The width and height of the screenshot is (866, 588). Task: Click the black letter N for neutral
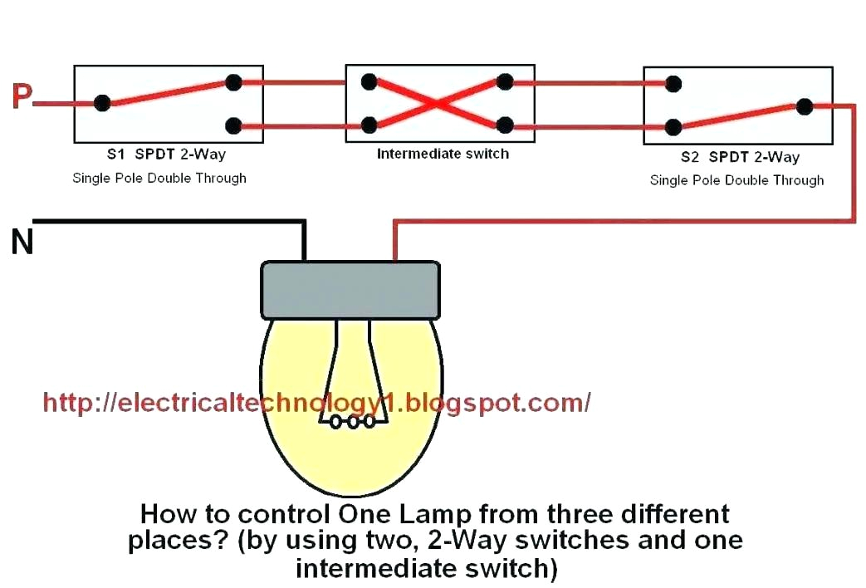22,242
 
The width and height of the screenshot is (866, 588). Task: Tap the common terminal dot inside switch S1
102,103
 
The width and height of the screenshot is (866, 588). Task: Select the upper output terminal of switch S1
234,82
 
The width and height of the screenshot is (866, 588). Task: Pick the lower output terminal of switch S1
234,126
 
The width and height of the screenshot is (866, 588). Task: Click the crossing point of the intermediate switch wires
437,104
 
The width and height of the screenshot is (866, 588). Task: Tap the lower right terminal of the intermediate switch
504,125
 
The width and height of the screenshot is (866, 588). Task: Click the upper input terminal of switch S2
674,83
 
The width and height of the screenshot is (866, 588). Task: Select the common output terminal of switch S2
804,105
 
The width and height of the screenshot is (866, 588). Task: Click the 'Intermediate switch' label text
443,154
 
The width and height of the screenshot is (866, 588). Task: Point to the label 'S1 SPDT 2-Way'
165,154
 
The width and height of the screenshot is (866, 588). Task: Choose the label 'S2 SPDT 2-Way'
740,157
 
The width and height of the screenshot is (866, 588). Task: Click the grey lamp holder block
350,290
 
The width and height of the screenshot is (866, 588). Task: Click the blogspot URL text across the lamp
316,403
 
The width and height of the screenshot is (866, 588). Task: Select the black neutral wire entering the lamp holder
305,241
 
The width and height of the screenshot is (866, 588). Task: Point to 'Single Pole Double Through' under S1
159,178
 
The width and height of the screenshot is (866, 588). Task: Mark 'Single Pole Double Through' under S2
736,180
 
